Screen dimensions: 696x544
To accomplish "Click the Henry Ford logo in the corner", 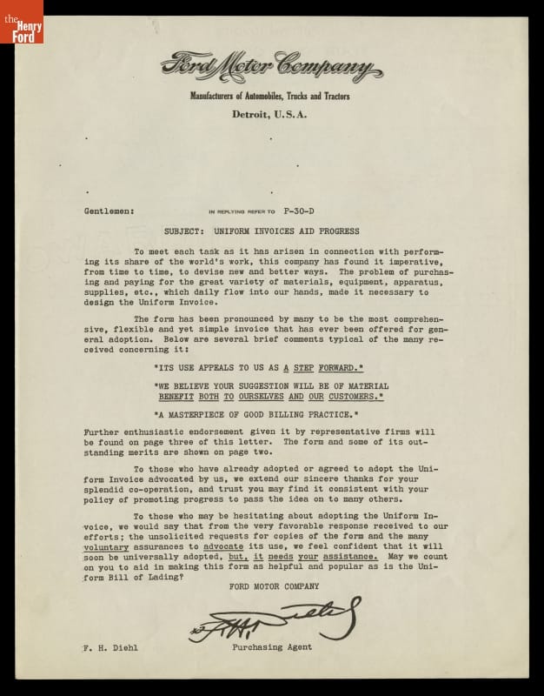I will (x=21, y=22).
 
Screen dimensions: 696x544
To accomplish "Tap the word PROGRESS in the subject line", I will (x=335, y=231).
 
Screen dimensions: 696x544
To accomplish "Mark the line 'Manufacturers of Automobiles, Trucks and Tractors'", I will (x=271, y=96).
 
